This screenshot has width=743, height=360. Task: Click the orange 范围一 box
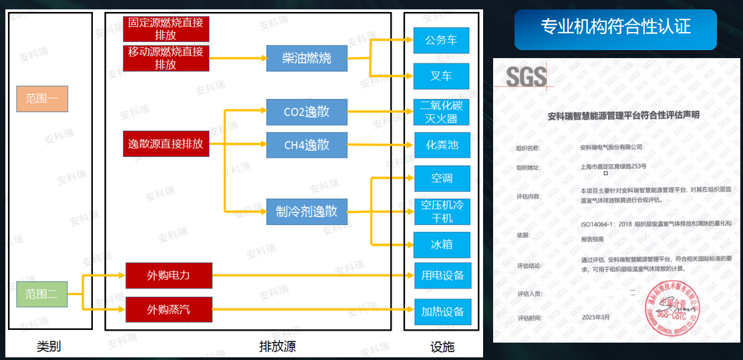(42, 98)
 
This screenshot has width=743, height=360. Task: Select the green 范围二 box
(42, 294)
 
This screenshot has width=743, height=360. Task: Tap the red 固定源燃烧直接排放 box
(166, 29)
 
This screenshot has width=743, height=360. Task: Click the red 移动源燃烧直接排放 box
(166, 58)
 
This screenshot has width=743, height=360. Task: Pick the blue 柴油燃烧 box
(307, 58)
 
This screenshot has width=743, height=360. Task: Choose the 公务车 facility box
(441, 40)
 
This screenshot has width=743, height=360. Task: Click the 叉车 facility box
(441, 76)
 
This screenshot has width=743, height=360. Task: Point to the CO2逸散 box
(307, 112)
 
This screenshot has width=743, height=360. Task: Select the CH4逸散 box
(307, 145)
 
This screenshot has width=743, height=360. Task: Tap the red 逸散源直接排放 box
(166, 144)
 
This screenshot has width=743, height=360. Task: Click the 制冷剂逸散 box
(307, 212)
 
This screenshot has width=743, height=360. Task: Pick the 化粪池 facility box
(441, 144)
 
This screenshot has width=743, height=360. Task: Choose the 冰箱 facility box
(441, 244)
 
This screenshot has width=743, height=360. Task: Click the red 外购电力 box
(168, 275)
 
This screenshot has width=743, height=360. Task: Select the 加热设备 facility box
(441, 312)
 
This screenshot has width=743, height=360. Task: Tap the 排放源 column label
(277, 347)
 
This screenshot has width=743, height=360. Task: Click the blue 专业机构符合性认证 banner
(615, 27)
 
